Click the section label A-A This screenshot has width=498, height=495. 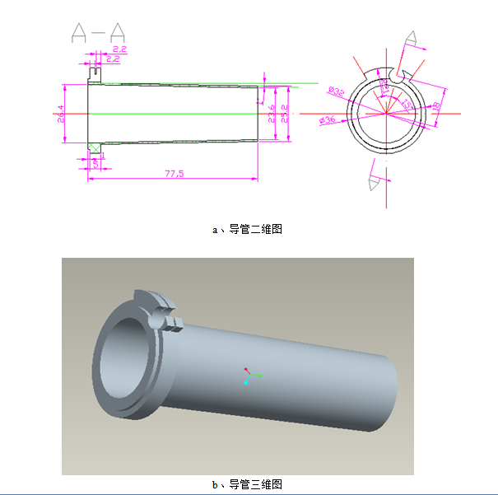[x=98, y=33]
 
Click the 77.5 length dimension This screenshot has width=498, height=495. [x=173, y=174]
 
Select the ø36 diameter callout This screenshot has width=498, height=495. [x=327, y=121]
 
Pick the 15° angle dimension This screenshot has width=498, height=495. [x=407, y=104]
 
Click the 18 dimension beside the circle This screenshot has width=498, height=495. [x=436, y=106]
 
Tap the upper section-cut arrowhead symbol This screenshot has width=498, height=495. [x=409, y=40]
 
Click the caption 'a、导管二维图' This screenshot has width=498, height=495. [x=248, y=230]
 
